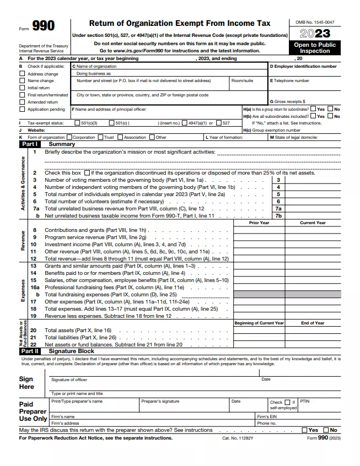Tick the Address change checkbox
[x=22, y=74]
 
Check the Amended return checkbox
[x=22, y=102]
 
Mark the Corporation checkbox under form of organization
[x=69, y=137]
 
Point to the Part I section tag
[x=29, y=144]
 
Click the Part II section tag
[x=29, y=350]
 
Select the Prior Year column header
[x=259, y=223]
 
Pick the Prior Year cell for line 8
[x=259, y=230]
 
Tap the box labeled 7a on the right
[x=278, y=209]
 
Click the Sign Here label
[x=26, y=383]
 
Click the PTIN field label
[x=305, y=402]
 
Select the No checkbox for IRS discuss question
[x=326, y=430]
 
